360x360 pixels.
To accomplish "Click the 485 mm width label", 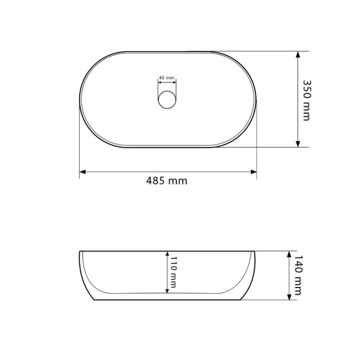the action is coord(167,181).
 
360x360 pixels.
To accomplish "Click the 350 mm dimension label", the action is coord(307,100).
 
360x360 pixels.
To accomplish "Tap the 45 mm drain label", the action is coord(167,78).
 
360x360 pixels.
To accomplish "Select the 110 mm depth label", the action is coord(173,272).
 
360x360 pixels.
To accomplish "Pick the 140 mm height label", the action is coord(298,275).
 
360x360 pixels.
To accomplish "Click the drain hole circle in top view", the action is coord(167,100).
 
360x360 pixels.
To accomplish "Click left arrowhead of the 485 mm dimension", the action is coord(82,172).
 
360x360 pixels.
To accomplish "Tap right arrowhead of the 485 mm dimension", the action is coord(254,172).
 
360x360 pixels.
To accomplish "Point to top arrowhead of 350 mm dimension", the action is coord(298,55).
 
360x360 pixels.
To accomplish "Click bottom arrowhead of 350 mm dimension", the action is coord(298,144).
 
